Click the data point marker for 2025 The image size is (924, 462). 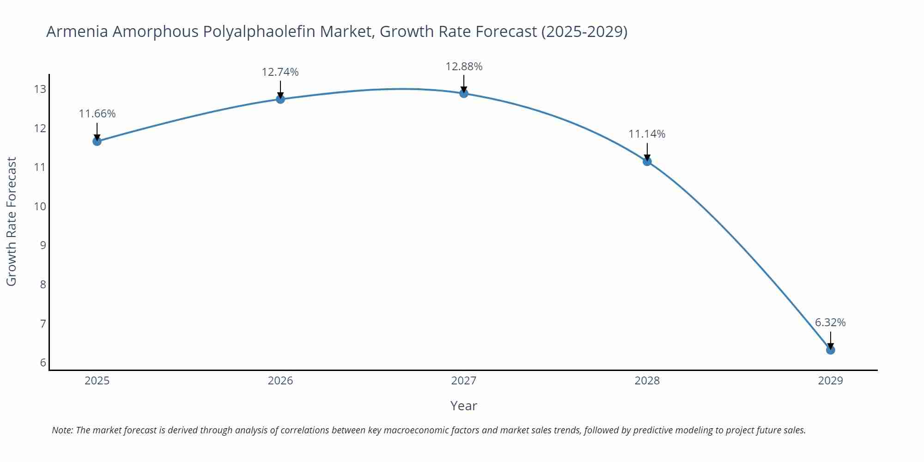coord(97,141)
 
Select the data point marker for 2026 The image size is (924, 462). coord(280,99)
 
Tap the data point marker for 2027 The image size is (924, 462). coord(464,93)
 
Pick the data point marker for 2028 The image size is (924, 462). coord(647,161)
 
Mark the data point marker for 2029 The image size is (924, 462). coord(830,350)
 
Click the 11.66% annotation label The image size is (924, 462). coord(97,114)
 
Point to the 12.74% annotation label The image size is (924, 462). coord(280,72)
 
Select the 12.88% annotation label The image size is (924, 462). coord(464,67)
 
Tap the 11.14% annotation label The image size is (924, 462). coord(647,134)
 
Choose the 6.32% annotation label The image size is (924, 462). coord(830,322)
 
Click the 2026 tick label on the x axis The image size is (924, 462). coord(280,381)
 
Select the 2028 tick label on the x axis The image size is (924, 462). coord(647,381)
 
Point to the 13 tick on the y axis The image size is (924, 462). coord(40,89)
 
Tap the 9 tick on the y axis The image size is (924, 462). coord(43,245)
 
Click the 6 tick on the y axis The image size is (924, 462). coord(43,363)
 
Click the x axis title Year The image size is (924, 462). coord(463,406)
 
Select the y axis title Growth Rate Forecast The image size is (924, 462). coord(12,221)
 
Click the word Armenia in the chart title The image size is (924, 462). coord(77,31)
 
